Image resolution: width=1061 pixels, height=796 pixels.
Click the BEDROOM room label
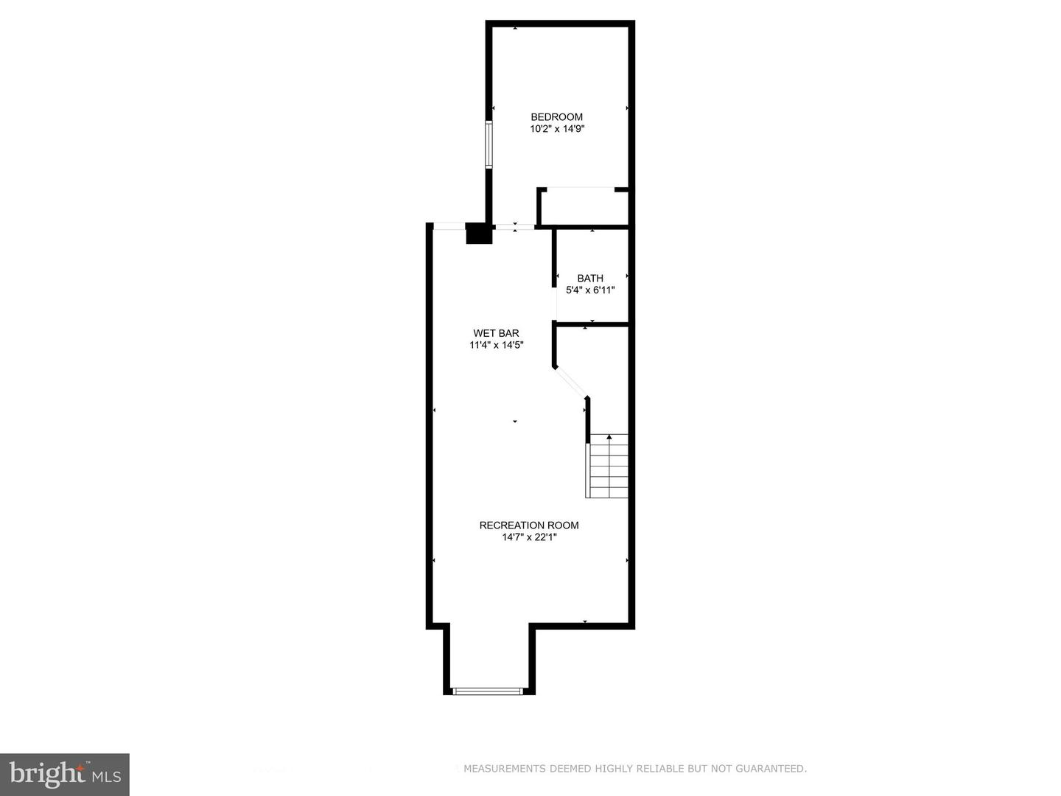click(x=556, y=116)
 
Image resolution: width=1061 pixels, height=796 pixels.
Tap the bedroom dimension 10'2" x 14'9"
click(x=556, y=129)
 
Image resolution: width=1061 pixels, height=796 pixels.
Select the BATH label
click(x=590, y=278)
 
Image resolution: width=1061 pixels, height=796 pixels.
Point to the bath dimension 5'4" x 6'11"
click(x=590, y=290)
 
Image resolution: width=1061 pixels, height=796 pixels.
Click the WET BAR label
click(x=496, y=333)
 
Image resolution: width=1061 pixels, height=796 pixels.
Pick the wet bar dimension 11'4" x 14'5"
click(x=496, y=345)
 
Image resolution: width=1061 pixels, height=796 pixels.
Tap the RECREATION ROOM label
click(x=529, y=525)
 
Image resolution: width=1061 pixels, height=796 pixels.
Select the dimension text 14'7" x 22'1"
click(x=529, y=537)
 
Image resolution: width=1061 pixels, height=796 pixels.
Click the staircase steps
click(x=609, y=468)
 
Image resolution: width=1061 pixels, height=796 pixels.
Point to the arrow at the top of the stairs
click(x=609, y=437)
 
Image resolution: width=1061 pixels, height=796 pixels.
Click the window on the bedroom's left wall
click(x=488, y=144)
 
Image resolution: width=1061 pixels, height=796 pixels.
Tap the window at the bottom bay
click(x=487, y=691)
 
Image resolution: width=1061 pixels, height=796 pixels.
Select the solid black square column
click(x=479, y=233)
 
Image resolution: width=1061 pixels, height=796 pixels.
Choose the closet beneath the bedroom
click(x=584, y=207)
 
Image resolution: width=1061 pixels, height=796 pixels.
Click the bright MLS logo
click(x=65, y=774)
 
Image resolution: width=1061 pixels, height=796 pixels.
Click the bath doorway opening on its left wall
click(x=556, y=303)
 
